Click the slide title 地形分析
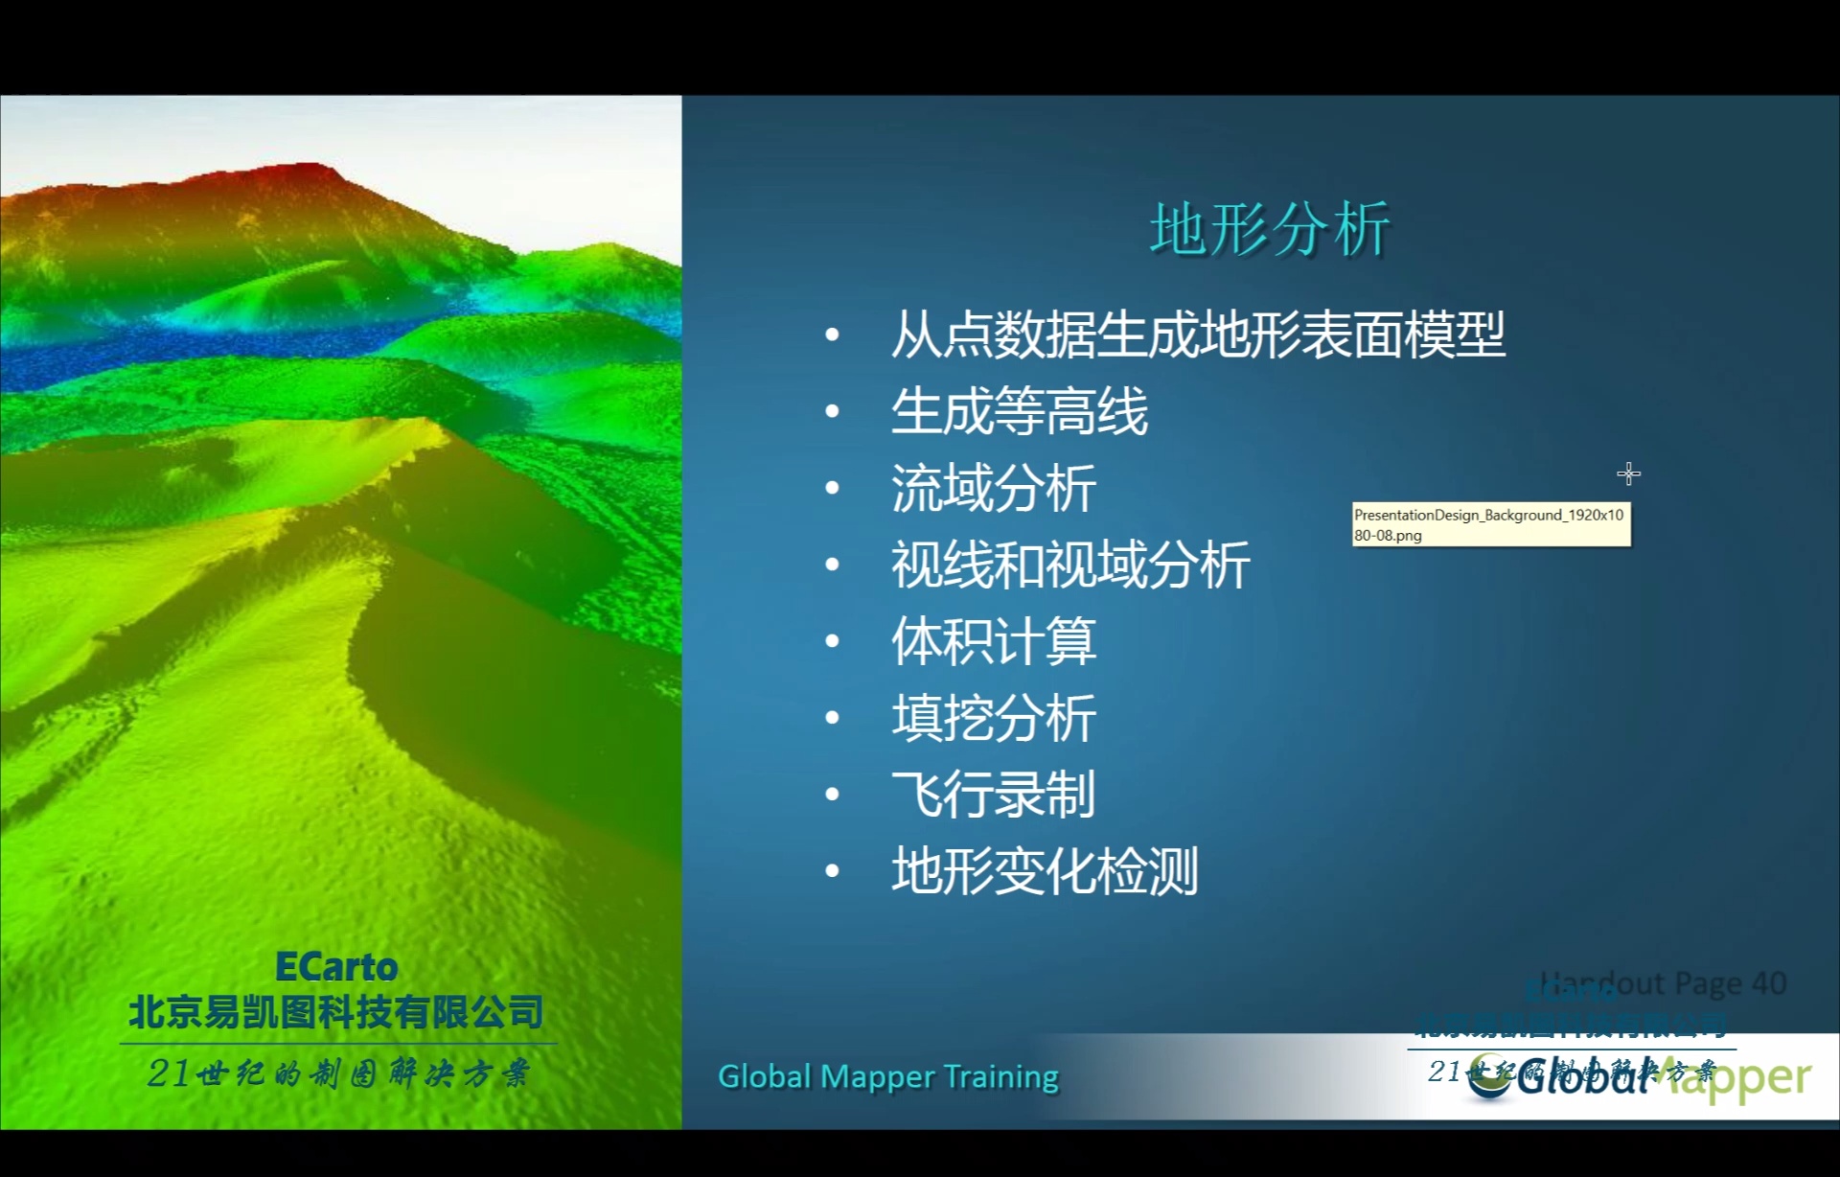pyautogui.click(x=1270, y=230)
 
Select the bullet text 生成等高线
pyautogui.click(x=1019, y=411)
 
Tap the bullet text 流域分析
pyautogui.click(x=993, y=488)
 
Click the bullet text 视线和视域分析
pyautogui.click(x=1069, y=565)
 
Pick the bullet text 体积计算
pyautogui.click(x=993, y=641)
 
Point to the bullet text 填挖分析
pyautogui.click(x=993, y=718)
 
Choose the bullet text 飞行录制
pyautogui.click(x=993, y=795)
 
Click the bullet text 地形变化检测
pyautogui.click(x=1045, y=871)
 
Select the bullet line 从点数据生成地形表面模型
pyautogui.click(x=1197, y=335)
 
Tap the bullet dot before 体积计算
pyautogui.click(x=832, y=641)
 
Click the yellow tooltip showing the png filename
pyautogui.click(x=1490, y=524)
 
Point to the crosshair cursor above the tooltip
pyautogui.click(x=1628, y=473)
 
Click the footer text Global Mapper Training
pyautogui.click(x=887, y=1076)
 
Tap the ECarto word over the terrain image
pyautogui.click(x=335, y=967)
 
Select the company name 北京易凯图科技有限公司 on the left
pyautogui.click(x=335, y=1012)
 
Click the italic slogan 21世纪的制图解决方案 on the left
pyautogui.click(x=337, y=1073)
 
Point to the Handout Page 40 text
pyautogui.click(x=1663, y=983)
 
